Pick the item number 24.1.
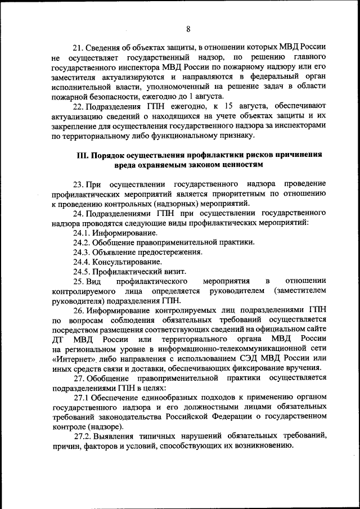[82, 232]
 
